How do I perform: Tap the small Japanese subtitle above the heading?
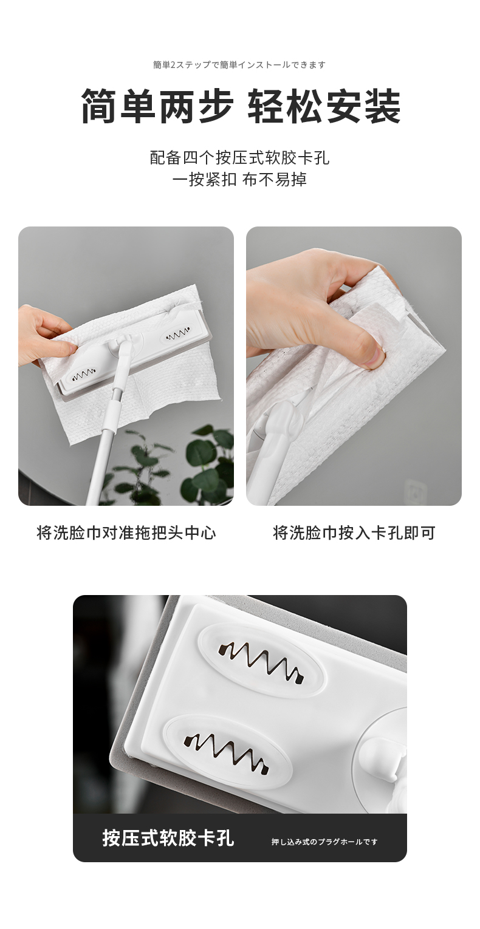pos(239,65)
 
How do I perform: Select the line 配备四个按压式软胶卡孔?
pos(240,158)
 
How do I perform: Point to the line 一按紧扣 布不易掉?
pos(239,180)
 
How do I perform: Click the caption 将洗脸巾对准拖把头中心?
pos(126,533)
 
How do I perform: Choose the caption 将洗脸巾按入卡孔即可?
pos(354,533)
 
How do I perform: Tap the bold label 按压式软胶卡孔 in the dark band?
pos(168,837)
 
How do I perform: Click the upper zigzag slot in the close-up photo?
pos(261,660)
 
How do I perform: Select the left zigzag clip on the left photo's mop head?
pos(84,376)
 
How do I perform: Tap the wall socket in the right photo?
pos(416,492)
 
